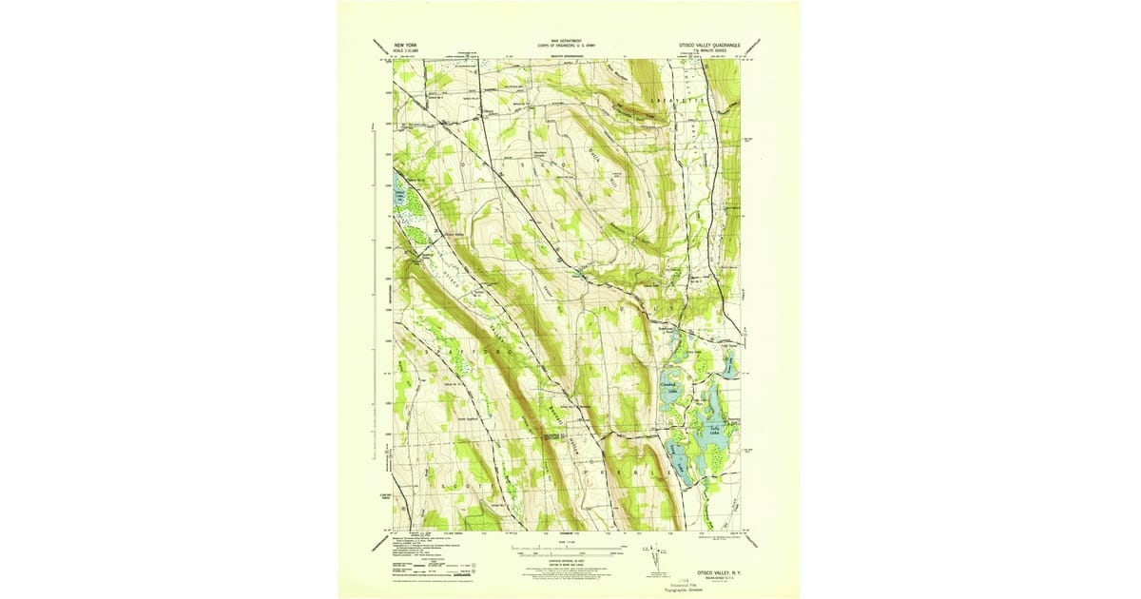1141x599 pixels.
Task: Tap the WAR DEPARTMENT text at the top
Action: tap(567, 41)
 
